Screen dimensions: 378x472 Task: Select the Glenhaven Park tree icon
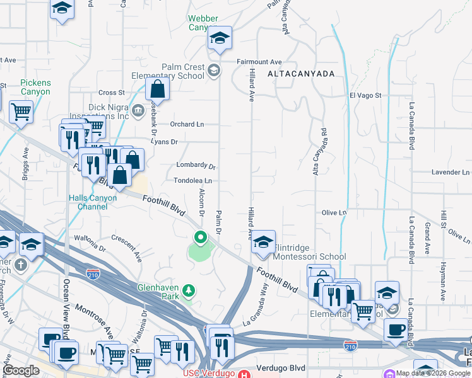point(188,290)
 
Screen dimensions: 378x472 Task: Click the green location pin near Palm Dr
point(201,238)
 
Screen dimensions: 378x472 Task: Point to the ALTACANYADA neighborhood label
point(300,74)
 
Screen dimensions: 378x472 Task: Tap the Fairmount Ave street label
point(259,62)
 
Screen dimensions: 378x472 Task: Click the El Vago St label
point(365,95)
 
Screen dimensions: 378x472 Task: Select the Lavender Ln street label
point(450,172)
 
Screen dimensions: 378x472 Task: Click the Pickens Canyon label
point(35,87)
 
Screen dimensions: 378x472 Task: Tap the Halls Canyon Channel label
point(93,202)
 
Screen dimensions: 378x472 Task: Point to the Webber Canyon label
point(206,23)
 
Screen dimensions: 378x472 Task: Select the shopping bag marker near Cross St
point(158,89)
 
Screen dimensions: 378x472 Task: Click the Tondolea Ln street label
point(192,180)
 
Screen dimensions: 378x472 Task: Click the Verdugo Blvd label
point(281,368)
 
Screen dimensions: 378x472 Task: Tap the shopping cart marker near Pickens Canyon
point(21,112)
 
